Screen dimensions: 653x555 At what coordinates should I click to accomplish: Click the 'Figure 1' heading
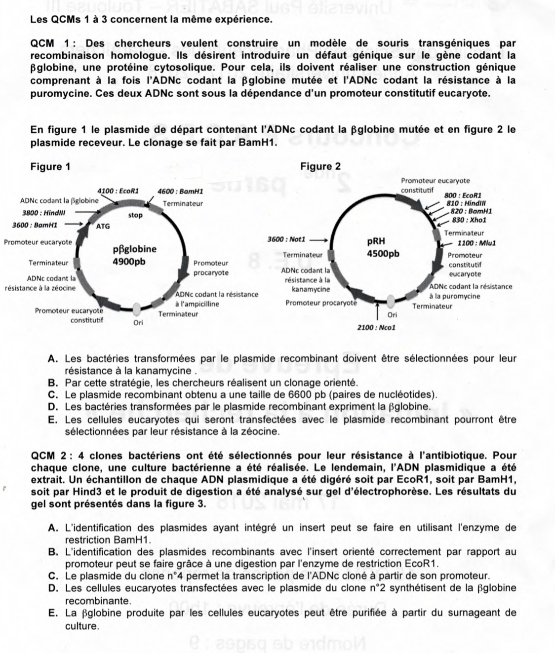point(50,166)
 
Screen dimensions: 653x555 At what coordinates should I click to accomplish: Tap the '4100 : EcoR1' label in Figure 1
point(118,191)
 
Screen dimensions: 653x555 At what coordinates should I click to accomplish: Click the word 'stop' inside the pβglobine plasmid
point(135,215)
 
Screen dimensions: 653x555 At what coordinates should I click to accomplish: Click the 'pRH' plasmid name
point(376,242)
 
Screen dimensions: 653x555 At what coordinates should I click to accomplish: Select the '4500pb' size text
point(383,254)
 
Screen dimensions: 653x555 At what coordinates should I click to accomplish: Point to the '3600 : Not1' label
point(286,239)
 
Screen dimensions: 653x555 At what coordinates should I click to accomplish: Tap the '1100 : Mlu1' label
point(476,243)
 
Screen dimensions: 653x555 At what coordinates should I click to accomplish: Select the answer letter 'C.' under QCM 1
point(54,395)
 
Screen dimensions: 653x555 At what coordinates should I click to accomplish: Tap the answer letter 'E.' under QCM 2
point(54,613)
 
